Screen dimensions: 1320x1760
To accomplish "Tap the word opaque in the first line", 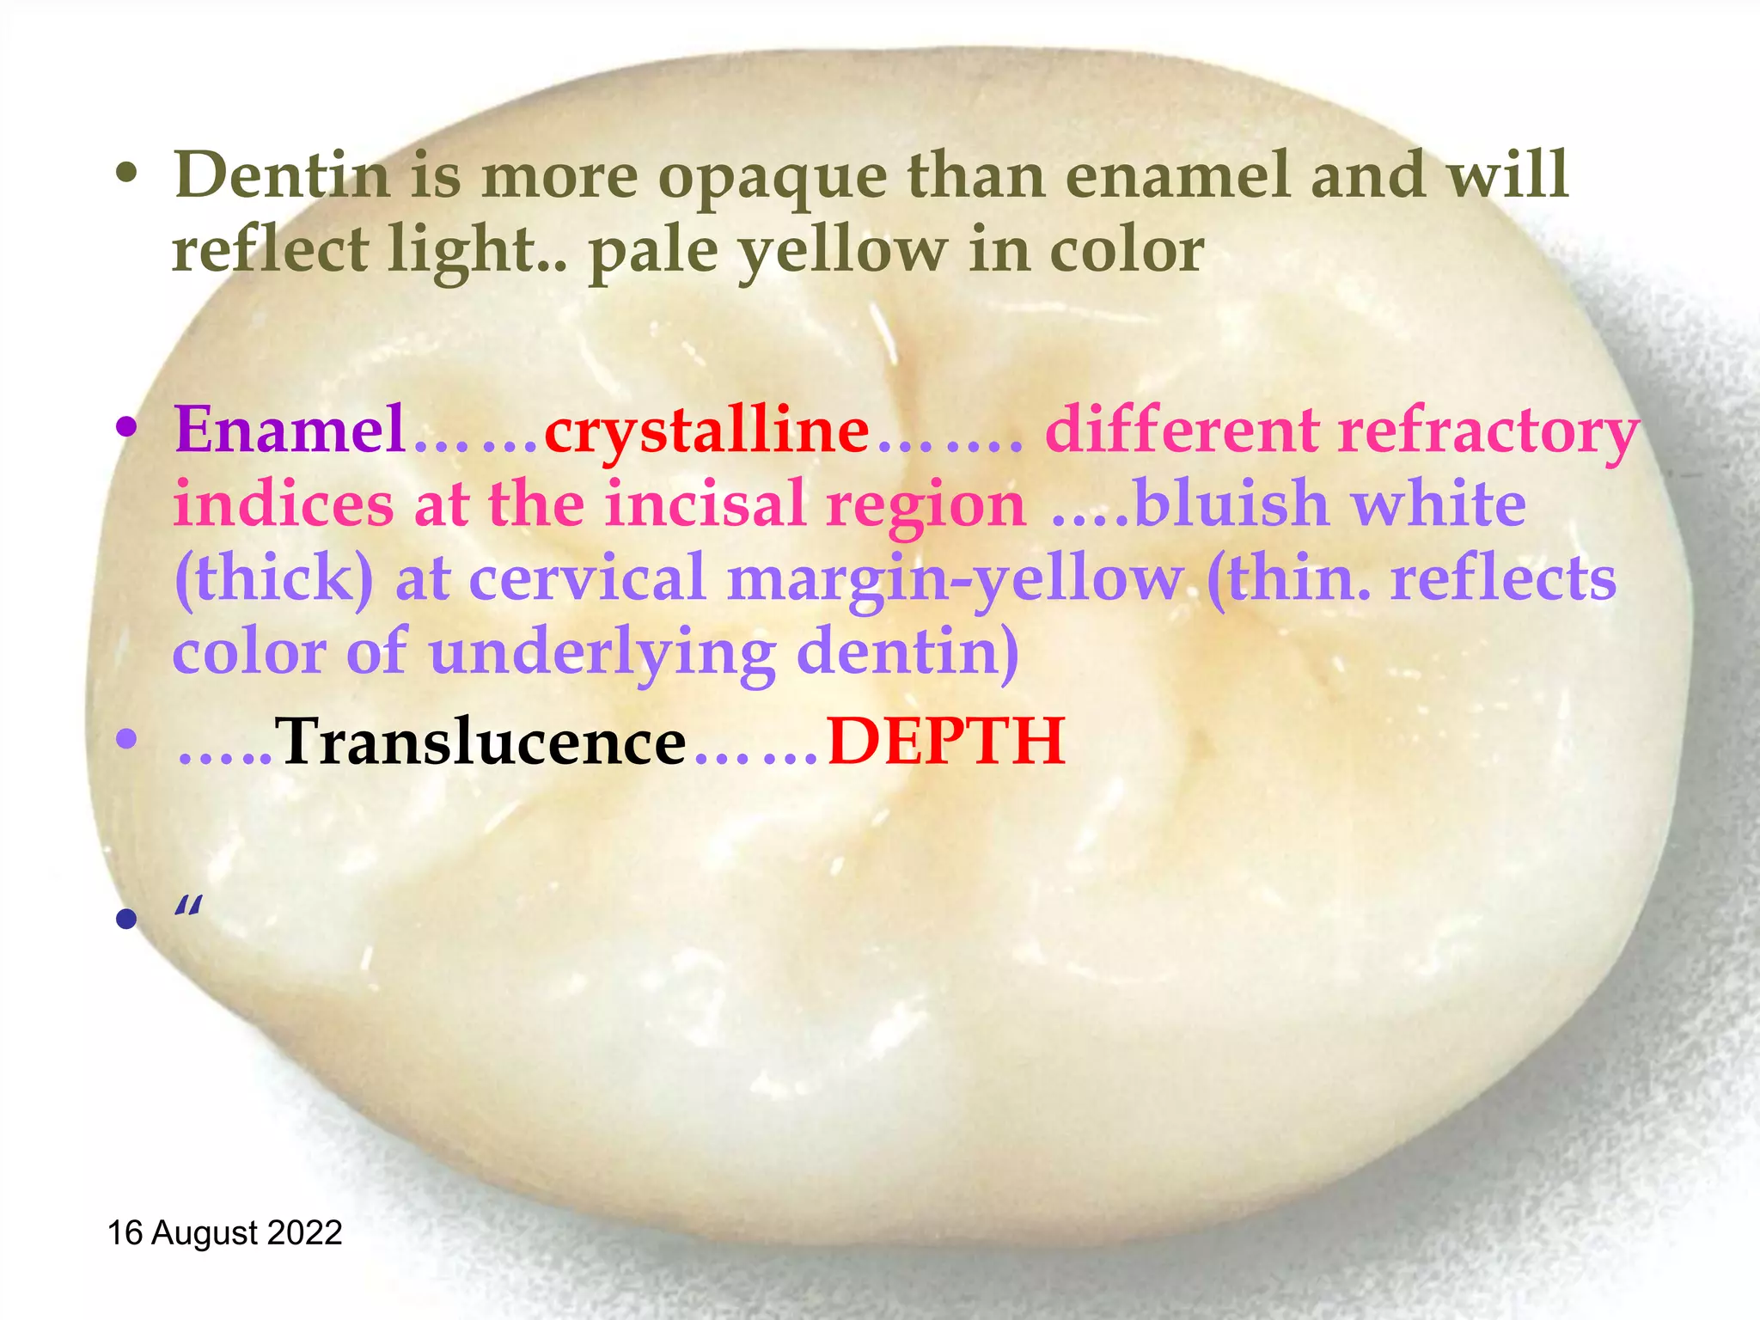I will click(773, 177).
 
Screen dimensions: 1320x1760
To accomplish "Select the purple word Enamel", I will click(290, 429).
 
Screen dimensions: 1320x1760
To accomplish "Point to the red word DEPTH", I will click(945, 742).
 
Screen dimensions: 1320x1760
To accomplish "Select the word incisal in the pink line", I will click(705, 504).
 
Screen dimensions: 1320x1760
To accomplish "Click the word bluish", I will click(1231, 504).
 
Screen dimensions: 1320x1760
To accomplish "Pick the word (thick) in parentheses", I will click(273, 578).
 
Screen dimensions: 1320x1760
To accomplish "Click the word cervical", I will click(587, 578).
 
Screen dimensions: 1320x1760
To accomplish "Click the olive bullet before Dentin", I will click(126, 175).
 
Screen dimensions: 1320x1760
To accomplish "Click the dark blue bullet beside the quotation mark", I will click(126, 920).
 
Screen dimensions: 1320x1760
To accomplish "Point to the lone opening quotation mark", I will click(188, 907).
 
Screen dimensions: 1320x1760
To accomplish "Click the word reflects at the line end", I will click(1504, 578).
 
